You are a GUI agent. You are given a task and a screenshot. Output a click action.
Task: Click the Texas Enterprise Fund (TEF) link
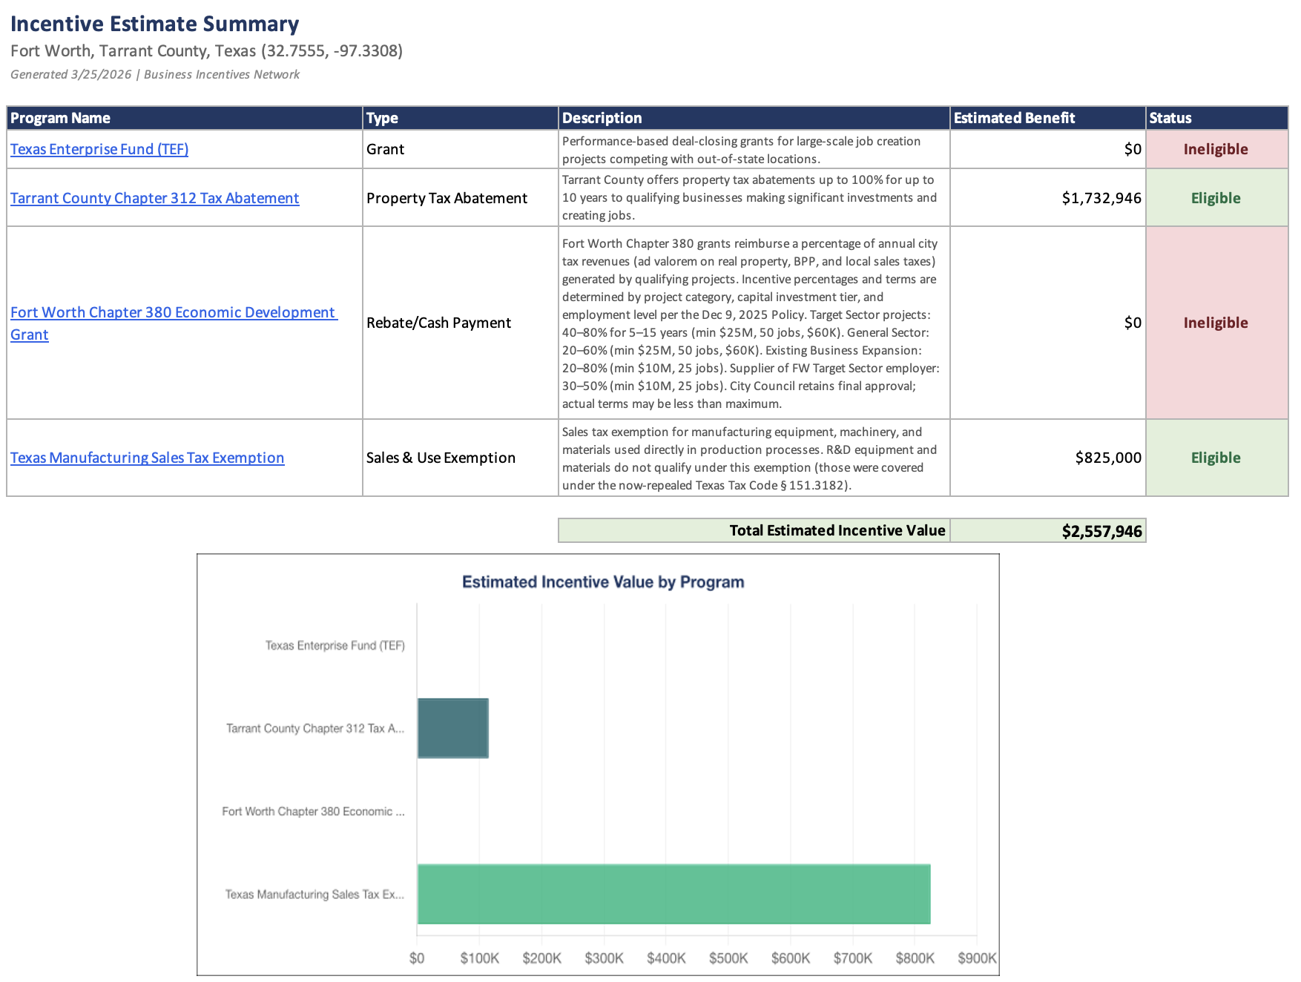[x=99, y=149]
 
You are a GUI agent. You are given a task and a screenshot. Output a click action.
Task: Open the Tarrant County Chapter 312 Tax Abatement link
[x=154, y=198]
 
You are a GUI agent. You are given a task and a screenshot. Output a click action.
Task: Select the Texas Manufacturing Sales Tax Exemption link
[x=147, y=458]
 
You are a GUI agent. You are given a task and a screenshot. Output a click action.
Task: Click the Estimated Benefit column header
[x=1014, y=118]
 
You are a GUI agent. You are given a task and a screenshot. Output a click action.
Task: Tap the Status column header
[x=1170, y=118]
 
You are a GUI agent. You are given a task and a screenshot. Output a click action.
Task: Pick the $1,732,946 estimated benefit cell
[x=1101, y=198]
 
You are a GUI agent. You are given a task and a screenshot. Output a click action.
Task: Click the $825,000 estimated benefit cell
[x=1108, y=458]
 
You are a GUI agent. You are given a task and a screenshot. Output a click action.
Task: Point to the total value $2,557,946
[x=1101, y=531]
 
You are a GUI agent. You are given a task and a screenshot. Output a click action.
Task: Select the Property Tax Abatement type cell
[x=447, y=198]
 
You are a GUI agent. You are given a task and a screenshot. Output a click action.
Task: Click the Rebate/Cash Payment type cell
[x=438, y=323]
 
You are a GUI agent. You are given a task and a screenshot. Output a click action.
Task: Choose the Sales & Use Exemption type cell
[x=441, y=458]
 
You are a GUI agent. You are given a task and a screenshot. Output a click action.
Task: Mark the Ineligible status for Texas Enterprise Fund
[x=1216, y=149]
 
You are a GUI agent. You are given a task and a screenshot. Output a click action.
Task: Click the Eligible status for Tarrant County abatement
[x=1216, y=198]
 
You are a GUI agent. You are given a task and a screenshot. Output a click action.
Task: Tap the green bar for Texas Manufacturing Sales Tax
[x=673, y=894]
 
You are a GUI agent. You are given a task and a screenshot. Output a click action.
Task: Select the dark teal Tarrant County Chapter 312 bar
[x=452, y=728]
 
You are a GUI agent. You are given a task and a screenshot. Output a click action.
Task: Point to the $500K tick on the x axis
[x=728, y=958]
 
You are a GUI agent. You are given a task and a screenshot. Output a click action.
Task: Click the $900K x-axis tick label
[x=977, y=958]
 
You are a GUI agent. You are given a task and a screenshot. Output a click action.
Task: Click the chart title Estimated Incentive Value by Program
[x=603, y=582]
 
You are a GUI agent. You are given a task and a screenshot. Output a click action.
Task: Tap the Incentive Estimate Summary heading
[x=154, y=24]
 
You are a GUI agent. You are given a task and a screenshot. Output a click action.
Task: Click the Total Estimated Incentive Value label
[x=837, y=530]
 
